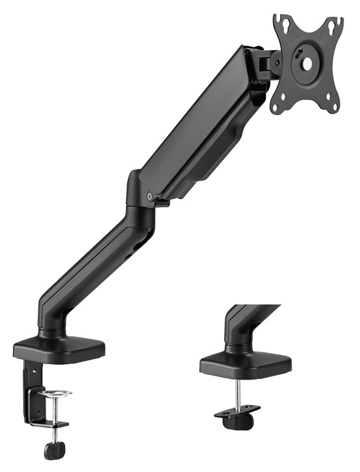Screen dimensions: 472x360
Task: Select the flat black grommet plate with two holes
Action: [x=238, y=411]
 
